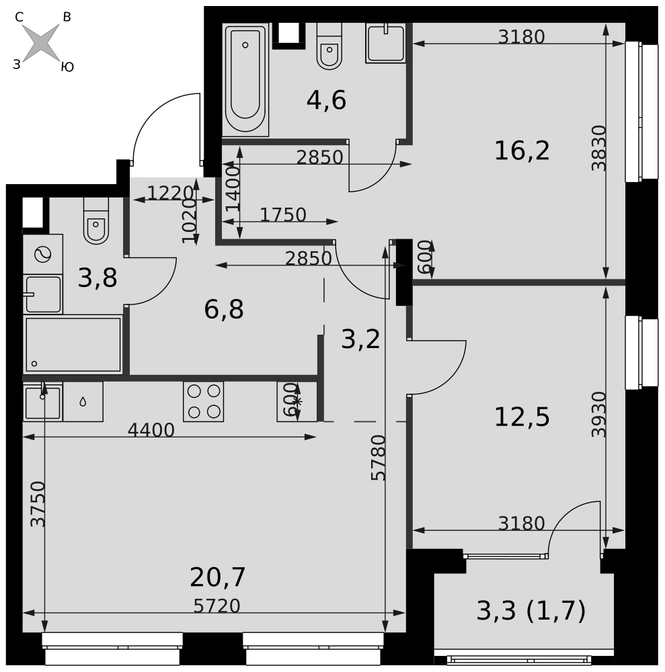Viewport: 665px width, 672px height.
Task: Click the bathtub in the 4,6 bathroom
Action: (x=245, y=80)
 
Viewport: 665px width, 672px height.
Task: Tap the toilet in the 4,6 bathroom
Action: (x=329, y=46)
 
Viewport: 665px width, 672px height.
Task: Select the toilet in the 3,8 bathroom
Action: (x=96, y=220)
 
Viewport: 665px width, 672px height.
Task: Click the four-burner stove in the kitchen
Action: (x=204, y=402)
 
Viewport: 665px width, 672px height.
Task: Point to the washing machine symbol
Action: (x=43, y=254)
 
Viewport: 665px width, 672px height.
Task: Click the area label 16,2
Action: (x=522, y=151)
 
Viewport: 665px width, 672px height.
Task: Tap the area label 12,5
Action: (x=522, y=417)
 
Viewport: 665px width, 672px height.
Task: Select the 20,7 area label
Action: (x=217, y=577)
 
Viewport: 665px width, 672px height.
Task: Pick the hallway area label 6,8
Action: (x=224, y=309)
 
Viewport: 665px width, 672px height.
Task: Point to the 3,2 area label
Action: (x=360, y=339)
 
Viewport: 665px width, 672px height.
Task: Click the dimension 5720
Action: (x=217, y=606)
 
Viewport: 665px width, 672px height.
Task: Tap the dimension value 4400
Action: (x=151, y=430)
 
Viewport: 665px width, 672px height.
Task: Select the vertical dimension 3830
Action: (x=598, y=148)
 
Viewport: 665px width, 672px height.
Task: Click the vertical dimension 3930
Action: (x=598, y=415)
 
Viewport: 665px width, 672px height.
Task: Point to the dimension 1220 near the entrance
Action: (x=170, y=194)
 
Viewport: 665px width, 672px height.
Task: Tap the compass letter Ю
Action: (x=67, y=67)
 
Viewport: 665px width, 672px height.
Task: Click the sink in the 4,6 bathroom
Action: (x=386, y=43)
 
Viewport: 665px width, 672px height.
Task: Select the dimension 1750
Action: (x=283, y=215)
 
